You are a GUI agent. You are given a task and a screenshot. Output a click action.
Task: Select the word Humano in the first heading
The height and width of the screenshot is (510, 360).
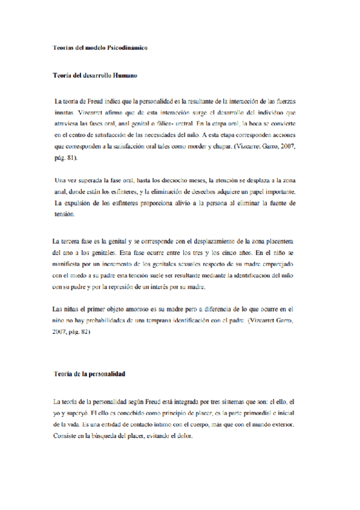click(123, 76)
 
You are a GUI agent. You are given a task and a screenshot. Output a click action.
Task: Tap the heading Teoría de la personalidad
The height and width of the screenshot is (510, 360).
click(89, 374)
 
